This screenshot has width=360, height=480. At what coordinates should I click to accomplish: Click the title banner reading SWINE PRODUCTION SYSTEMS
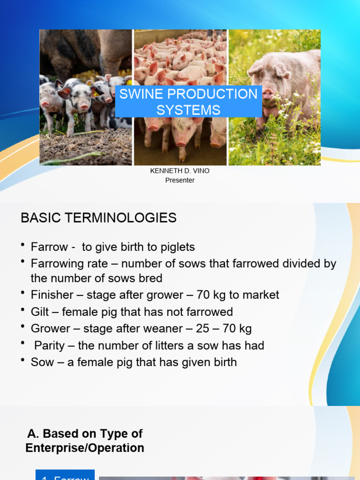click(x=188, y=101)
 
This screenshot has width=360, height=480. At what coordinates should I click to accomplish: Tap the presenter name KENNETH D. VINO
click(x=180, y=171)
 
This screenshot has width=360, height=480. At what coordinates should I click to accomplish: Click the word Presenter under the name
click(x=180, y=180)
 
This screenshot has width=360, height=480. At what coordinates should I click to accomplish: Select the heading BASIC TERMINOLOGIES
click(x=98, y=217)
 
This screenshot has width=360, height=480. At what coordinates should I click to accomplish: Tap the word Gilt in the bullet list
click(x=39, y=312)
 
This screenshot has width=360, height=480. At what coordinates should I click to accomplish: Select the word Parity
click(x=49, y=346)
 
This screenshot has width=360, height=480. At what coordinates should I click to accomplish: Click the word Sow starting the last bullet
click(x=42, y=362)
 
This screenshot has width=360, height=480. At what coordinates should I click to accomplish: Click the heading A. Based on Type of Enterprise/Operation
click(x=85, y=441)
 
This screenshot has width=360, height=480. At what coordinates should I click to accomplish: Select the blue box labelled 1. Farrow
click(x=65, y=475)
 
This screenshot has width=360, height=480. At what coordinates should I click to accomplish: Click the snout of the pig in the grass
click(x=268, y=94)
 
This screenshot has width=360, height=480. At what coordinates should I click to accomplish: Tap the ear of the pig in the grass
click(x=255, y=69)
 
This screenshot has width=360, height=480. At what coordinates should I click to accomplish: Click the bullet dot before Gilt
click(x=23, y=310)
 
